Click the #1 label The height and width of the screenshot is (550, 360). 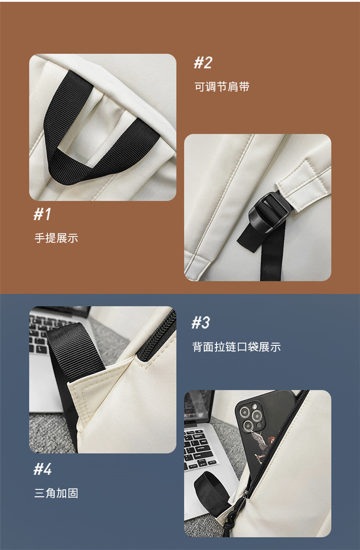point(42,214)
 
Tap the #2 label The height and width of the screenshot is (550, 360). point(203,62)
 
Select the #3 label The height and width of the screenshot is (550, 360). point(201,322)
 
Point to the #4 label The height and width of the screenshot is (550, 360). point(43,469)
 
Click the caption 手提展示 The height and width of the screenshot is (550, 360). point(56,238)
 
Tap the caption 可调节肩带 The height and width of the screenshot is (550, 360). point(222,87)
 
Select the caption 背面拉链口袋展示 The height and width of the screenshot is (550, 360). point(236,347)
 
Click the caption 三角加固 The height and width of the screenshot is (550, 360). point(56,493)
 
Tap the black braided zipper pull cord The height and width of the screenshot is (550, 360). point(239,521)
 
